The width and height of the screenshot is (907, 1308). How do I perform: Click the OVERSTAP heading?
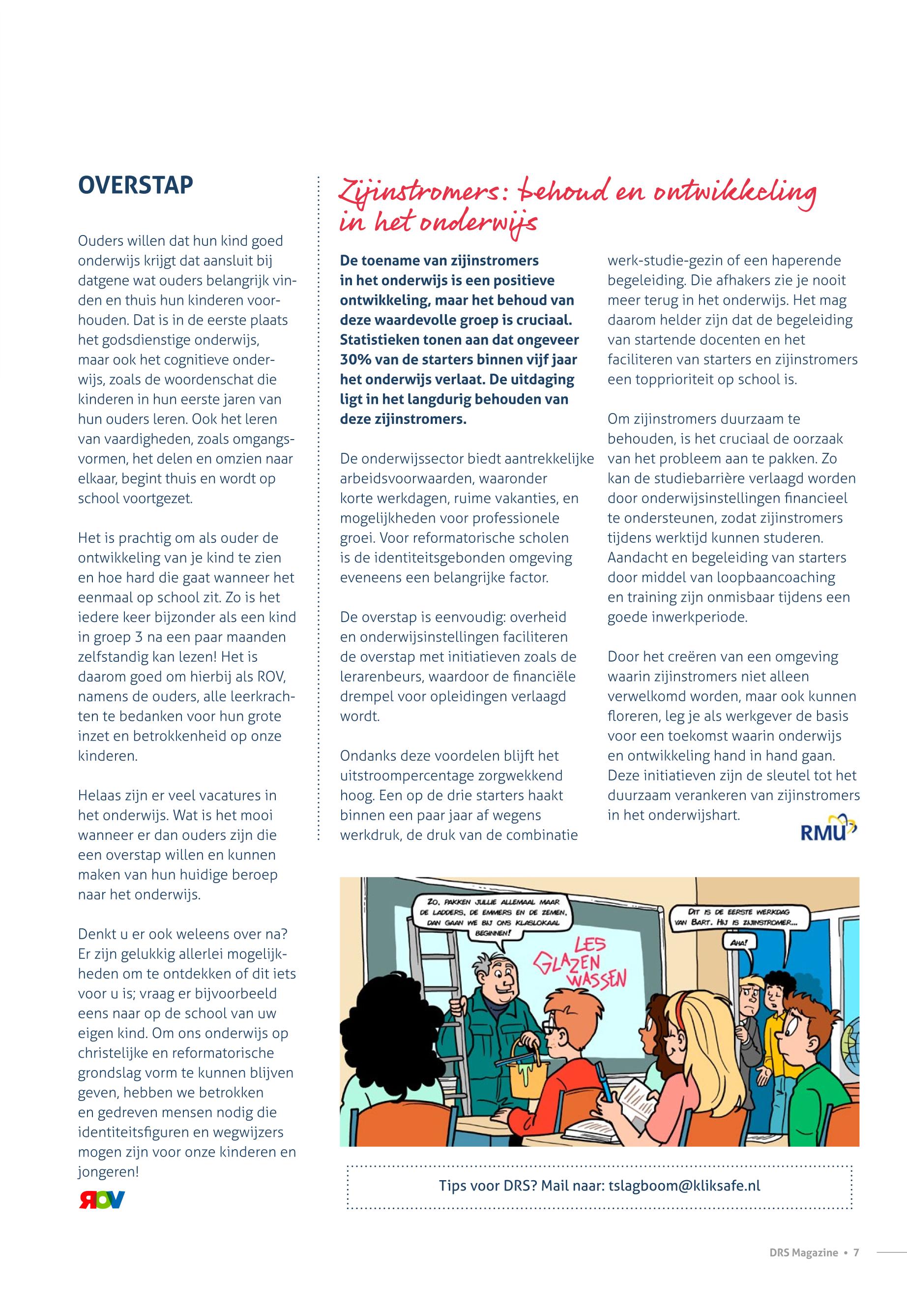135,185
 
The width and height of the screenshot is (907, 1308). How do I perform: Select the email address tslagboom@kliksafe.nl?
684,1185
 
